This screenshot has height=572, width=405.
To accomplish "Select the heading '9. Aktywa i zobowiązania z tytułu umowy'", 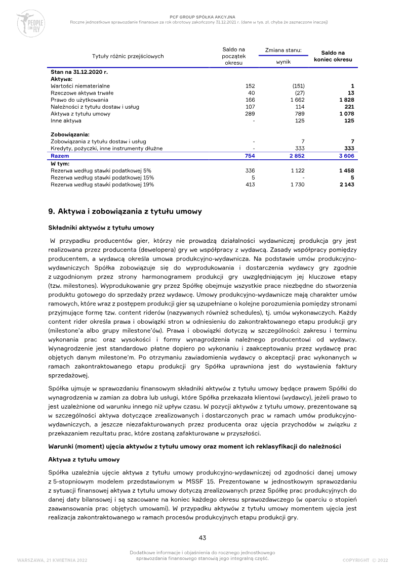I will click(125, 211).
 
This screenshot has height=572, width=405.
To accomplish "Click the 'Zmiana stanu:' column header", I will click(283, 50).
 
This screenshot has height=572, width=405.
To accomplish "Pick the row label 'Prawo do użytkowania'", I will click(79, 100).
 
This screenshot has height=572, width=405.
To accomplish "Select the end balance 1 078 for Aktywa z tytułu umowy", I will click(346, 114).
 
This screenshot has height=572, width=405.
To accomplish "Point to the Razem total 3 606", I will click(346, 156).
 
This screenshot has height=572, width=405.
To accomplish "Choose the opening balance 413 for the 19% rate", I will click(250, 185).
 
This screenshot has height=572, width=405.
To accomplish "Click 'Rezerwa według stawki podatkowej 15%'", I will click(102, 178).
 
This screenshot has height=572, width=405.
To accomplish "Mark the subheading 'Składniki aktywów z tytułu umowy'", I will click(101, 228).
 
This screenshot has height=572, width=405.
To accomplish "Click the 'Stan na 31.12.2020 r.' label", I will click(79, 72).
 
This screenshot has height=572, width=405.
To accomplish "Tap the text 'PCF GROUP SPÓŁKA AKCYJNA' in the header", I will click(202, 17).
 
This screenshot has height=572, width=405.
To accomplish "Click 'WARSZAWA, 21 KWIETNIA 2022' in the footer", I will click(52, 560).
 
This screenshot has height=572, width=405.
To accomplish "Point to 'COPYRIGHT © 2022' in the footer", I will click(365, 560).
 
